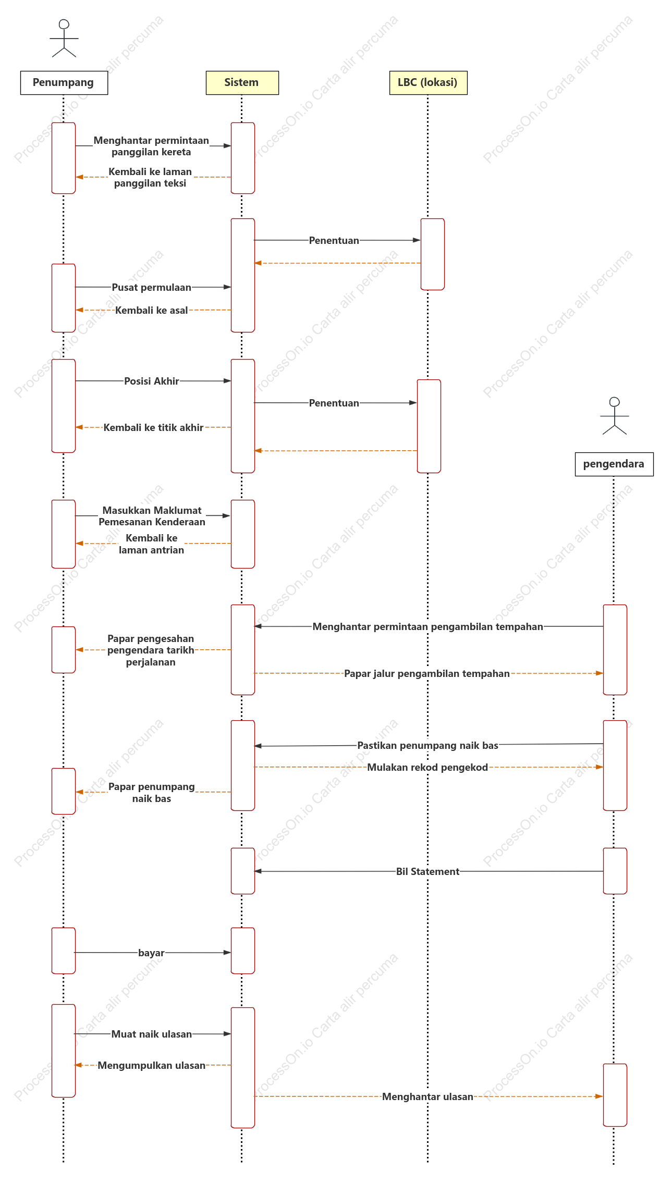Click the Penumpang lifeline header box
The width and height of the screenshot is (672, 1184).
click(x=64, y=83)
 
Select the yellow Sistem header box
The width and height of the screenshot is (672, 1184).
click(x=242, y=83)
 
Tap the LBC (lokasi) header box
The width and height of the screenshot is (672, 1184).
click(x=429, y=83)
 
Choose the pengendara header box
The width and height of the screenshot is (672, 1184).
click(x=614, y=464)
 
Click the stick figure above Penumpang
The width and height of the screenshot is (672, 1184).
click(x=64, y=38)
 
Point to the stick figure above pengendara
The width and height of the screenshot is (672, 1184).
click(x=615, y=416)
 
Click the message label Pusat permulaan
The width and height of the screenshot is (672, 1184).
click(x=151, y=288)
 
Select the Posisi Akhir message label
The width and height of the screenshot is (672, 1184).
click(x=152, y=381)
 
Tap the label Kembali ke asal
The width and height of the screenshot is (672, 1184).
click(x=151, y=311)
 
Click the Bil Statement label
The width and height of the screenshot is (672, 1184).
click(x=428, y=871)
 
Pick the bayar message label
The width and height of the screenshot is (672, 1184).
click(x=151, y=953)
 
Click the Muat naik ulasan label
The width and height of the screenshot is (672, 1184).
click(x=152, y=1034)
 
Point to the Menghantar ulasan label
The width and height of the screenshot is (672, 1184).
click(x=427, y=1096)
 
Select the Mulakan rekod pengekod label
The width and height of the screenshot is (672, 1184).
click(x=427, y=767)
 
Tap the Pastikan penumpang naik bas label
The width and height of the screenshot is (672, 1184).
click(x=427, y=745)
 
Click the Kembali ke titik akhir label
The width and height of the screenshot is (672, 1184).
click(x=153, y=427)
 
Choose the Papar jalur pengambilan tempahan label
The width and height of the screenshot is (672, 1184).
click(x=427, y=673)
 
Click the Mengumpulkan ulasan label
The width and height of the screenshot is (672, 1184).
click(x=152, y=1065)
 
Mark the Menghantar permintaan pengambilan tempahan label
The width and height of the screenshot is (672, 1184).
click(x=428, y=626)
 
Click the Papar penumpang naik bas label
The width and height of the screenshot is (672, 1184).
click(x=152, y=793)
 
